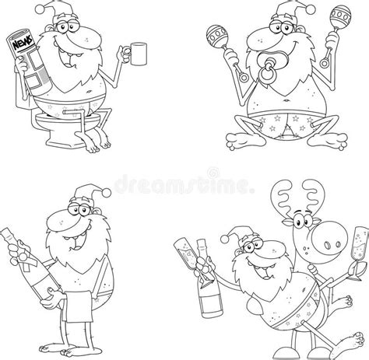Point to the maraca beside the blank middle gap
(x=216, y=37)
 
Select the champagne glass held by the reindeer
(x=359, y=253)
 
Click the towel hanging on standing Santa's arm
(x=79, y=306)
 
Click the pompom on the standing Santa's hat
(x=107, y=193)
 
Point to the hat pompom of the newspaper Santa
(x=40, y=9)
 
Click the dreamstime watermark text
(x=184, y=183)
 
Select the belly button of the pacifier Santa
(x=286, y=100)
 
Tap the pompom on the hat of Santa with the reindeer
(x=224, y=239)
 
